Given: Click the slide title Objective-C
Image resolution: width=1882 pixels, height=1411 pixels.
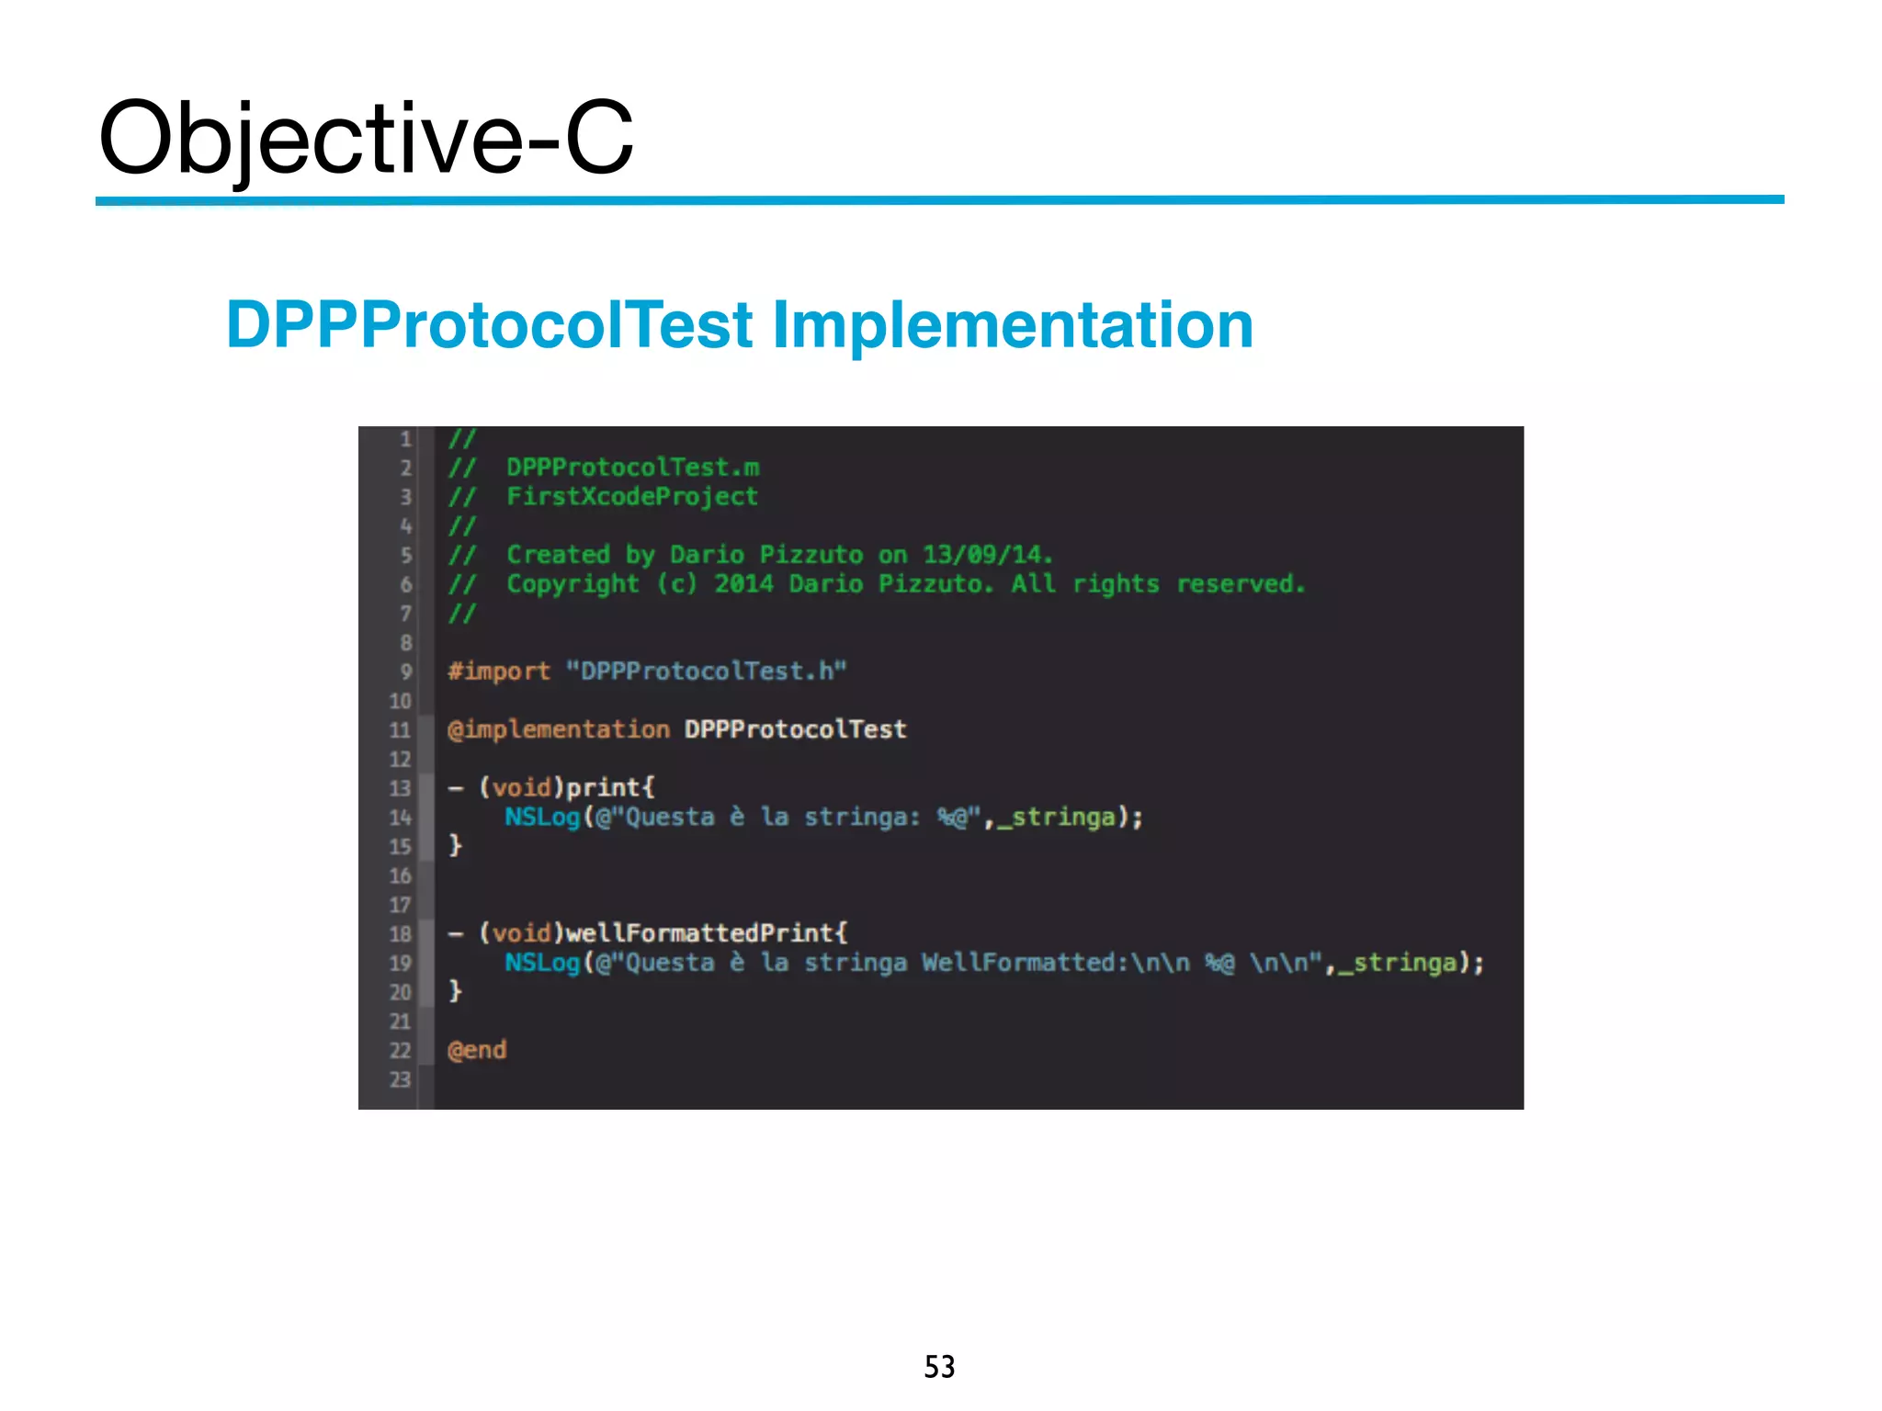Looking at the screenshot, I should tap(366, 138).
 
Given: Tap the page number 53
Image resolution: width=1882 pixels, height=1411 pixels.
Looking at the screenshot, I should tap(939, 1367).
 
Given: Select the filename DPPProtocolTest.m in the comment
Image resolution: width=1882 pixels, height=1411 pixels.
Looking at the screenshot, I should tap(633, 468).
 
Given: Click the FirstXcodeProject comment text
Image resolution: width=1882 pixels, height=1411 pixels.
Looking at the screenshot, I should tap(632, 497).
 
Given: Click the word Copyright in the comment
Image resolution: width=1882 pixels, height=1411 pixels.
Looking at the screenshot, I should tap(573, 584).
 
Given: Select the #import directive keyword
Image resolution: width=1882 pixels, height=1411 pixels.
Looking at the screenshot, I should tap(499, 672).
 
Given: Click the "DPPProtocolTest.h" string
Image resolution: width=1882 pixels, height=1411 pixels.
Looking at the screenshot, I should tap(705, 672).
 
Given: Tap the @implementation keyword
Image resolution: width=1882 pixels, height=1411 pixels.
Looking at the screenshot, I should tap(558, 729).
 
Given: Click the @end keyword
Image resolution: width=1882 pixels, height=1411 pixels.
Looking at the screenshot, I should tap(477, 1050).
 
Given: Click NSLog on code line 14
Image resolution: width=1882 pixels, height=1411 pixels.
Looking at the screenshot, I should tap(542, 817).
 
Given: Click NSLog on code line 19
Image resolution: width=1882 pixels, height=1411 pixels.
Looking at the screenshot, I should tap(542, 963).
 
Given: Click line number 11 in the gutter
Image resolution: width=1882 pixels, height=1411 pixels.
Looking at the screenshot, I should tap(400, 730).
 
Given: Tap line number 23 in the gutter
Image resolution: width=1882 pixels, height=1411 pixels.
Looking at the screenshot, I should tap(400, 1079).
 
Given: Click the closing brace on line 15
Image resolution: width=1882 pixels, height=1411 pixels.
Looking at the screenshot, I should tap(455, 845).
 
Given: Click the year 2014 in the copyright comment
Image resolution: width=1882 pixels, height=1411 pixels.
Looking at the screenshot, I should tap(743, 584).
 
